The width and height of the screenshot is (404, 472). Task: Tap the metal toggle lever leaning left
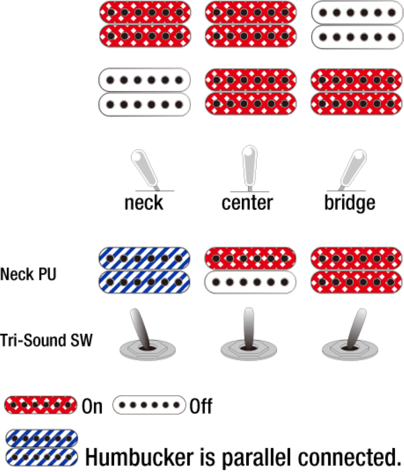point(141,328)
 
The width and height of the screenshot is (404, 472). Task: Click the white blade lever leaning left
point(144,169)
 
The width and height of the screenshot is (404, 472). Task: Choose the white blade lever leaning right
point(354,169)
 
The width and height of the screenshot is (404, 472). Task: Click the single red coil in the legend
point(40,405)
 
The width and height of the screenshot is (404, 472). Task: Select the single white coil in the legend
point(149,405)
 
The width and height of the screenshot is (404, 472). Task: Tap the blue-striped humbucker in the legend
point(42,448)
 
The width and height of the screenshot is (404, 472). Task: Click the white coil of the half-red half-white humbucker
point(250,282)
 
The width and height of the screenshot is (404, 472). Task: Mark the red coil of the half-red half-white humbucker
point(250,258)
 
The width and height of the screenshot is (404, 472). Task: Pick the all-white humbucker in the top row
point(356,24)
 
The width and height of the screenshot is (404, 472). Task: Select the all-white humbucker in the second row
point(145,92)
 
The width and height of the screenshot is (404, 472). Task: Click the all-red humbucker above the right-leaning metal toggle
point(356,271)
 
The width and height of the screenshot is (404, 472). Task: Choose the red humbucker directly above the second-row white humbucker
point(145,24)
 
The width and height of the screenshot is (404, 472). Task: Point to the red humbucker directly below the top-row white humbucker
point(356,92)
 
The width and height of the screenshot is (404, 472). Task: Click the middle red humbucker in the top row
point(250,24)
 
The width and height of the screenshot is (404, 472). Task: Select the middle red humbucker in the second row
point(250,92)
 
